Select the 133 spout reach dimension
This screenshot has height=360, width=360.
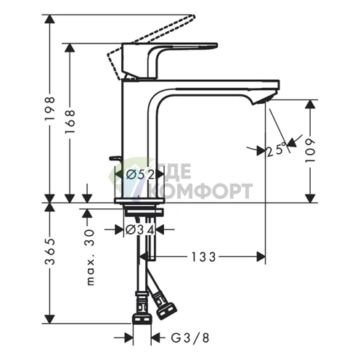(205, 256)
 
